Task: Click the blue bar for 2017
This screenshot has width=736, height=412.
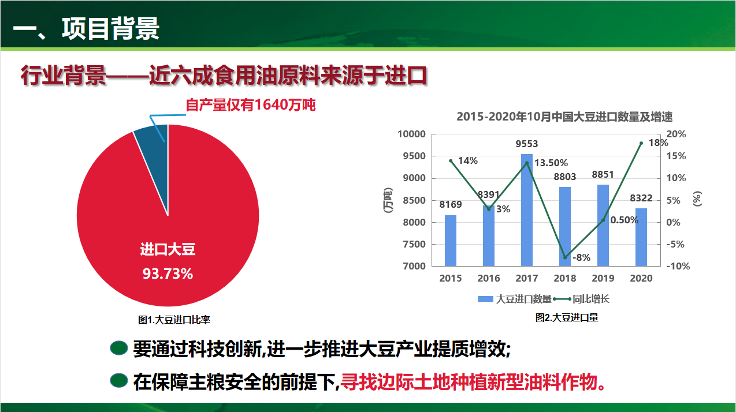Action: click(527, 210)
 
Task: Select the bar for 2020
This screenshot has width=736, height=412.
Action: click(641, 237)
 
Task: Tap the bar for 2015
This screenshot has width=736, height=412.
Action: click(451, 241)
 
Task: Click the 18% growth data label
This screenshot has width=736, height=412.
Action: click(658, 143)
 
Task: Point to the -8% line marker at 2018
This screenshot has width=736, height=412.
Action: click(565, 258)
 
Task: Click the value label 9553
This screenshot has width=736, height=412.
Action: click(527, 144)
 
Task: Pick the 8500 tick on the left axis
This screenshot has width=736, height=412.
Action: click(414, 200)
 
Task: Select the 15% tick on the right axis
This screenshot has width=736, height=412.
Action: click(676, 156)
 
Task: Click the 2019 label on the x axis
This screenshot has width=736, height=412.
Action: click(603, 278)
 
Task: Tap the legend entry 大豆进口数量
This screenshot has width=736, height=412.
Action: click(515, 299)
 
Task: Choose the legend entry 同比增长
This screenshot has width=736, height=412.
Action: click(582, 299)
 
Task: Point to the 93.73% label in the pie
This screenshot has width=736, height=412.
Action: click(168, 274)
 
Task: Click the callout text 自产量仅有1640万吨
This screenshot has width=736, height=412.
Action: click(250, 105)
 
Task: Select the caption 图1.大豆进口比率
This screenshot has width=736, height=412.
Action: click(174, 320)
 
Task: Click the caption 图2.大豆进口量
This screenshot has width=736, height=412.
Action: click(567, 318)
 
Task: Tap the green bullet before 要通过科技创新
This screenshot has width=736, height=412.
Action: click(118, 348)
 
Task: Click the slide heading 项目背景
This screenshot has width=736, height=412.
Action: click(110, 28)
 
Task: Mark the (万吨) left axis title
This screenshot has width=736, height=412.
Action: click(388, 200)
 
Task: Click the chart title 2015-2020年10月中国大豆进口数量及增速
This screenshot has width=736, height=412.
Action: click(564, 117)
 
